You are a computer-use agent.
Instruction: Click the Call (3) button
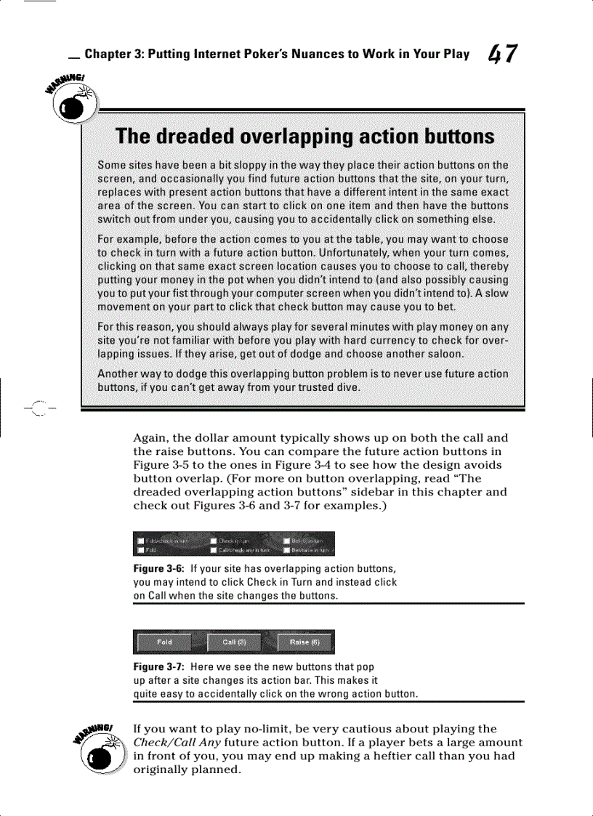[x=234, y=642]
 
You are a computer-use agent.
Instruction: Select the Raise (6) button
[x=305, y=642]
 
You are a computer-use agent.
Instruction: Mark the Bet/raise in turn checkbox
[x=286, y=550]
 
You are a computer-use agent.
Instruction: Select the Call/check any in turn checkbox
[x=214, y=550]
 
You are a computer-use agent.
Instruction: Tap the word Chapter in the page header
[x=108, y=54]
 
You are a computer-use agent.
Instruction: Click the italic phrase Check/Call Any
[x=177, y=743]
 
